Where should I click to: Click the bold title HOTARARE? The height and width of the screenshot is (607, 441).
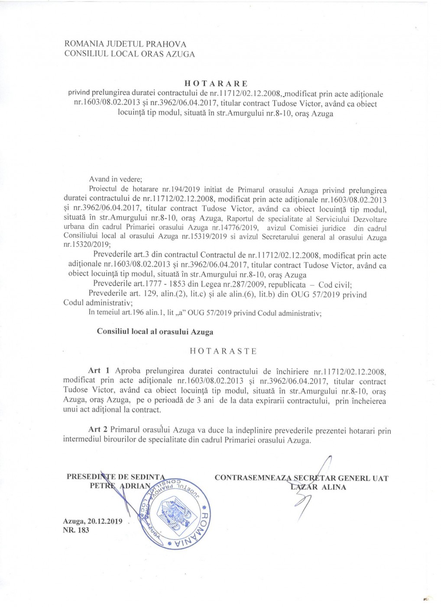[216, 83]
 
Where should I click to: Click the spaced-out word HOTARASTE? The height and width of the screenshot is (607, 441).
[223, 351]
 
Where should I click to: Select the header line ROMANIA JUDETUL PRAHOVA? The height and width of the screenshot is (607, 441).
[125, 44]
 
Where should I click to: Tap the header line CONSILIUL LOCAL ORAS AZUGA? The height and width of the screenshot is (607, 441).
[130, 54]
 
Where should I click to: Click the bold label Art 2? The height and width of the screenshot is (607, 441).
[97, 430]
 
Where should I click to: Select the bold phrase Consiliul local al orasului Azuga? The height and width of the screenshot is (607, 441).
[155, 332]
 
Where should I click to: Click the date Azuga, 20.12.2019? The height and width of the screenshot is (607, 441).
[93, 521]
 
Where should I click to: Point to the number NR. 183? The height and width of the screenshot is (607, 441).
[76, 530]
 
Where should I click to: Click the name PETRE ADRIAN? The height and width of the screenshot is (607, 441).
[120, 486]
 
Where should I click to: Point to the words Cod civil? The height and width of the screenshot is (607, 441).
[335, 285]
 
